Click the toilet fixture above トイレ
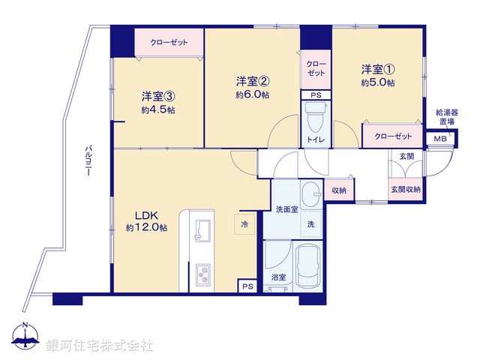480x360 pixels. tap(313, 117)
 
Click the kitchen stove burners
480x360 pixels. tap(202, 274)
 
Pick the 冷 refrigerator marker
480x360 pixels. tap(245, 223)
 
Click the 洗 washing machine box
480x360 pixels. tap(310, 223)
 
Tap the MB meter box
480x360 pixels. tap(439, 139)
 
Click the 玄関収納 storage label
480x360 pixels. tap(405, 190)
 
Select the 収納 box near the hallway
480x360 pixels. tap(338, 190)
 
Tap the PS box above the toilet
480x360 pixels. tap(316, 95)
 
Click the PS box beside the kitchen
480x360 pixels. tap(247, 286)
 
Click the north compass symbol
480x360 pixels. tap(25, 336)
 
